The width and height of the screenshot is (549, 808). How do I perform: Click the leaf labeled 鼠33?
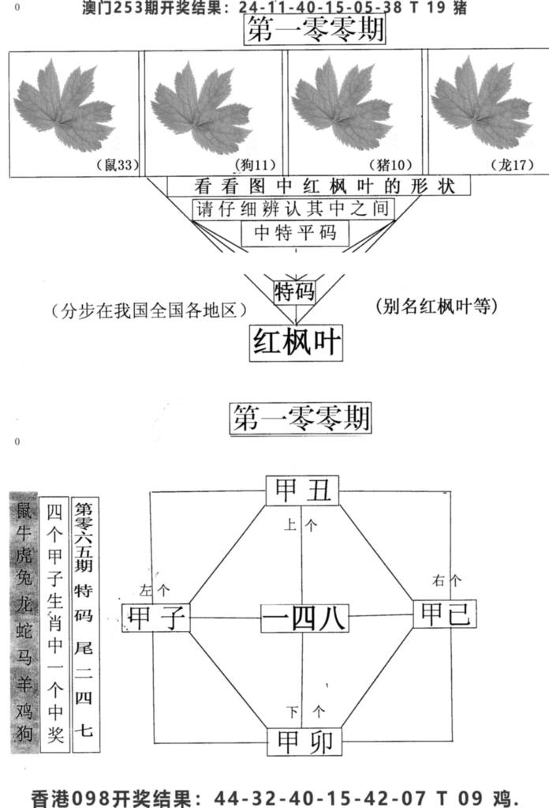(x=65, y=106)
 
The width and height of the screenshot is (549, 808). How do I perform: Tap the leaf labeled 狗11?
(x=200, y=108)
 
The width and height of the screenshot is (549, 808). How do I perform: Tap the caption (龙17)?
(x=513, y=165)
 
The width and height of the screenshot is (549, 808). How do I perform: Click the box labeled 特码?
(x=294, y=291)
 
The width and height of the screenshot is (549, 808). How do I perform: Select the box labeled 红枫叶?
(x=296, y=342)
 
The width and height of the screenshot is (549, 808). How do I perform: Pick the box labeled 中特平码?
(x=295, y=234)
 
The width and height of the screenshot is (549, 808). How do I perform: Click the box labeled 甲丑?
(x=303, y=490)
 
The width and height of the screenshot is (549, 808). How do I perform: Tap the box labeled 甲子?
(x=156, y=618)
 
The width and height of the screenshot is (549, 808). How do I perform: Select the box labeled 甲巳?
(x=445, y=614)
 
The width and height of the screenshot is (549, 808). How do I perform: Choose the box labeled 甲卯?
(x=304, y=742)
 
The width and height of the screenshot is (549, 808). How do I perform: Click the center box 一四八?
(x=304, y=618)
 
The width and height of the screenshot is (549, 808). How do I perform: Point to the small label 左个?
(x=155, y=589)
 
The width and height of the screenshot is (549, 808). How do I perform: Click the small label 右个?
(x=447, y=581)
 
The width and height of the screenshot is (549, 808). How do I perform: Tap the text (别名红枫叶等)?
(x=437, y=306)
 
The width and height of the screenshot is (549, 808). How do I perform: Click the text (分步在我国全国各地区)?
(x=149, y=310)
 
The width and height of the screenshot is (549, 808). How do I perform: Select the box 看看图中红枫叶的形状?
(x=319, y=186)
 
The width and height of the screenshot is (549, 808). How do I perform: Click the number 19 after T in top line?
(x=435, y=8)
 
